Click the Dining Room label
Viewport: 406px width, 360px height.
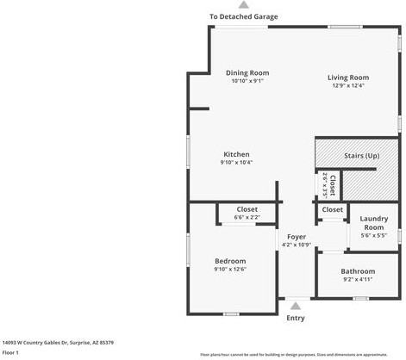(x=247, y=72)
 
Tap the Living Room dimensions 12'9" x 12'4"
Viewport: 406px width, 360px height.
(x=348, y=85)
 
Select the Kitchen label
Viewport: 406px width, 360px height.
(x=236, y=154)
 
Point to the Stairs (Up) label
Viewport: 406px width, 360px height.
(x=361, y=156)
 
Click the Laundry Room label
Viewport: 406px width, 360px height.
(x=372, y=223)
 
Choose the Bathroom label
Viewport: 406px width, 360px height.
(x=358, y=271)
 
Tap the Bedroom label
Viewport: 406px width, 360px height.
(x=230, y=261)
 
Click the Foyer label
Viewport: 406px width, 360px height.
(x=297, y=236)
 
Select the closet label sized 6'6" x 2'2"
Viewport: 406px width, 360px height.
(x=247, y=217)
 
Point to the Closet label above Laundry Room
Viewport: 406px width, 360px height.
(x=332, y=209)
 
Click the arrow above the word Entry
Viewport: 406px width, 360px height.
(x=296, y=305)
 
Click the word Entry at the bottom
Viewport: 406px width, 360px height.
(x=295, y=318)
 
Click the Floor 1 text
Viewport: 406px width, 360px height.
(x=11, y=352)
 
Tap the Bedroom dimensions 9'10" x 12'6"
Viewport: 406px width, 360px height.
(x=230, y=270)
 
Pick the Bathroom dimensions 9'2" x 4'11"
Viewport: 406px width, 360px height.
(x=358, y=279)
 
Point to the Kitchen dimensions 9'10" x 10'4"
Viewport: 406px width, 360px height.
(x=236, y=163)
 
